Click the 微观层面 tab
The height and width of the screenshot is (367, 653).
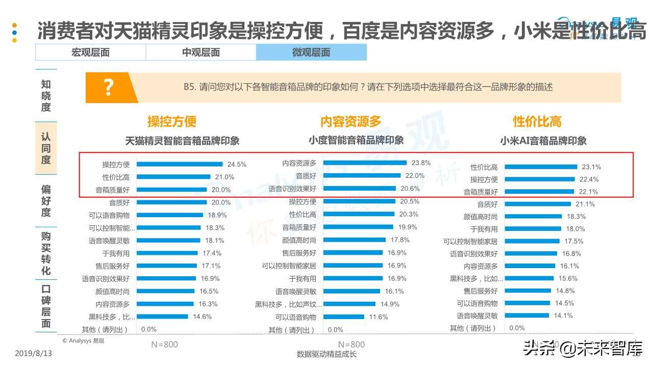coord(311,53)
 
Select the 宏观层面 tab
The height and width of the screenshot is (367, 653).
coord(90,53)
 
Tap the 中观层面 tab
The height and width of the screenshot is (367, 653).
coord(201,53)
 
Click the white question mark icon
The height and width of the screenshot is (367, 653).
coord(108,88)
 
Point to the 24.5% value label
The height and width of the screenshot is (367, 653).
coord(237,165)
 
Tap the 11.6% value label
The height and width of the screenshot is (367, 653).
coord(378,317)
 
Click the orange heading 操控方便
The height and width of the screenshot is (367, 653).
coord(172,122)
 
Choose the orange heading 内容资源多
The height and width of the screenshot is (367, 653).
coord(350,122)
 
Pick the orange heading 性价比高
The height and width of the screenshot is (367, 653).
coord(537,122)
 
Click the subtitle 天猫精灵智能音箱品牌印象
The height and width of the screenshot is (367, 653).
coord(182,141)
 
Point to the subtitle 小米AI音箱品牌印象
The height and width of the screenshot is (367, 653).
coord(543,141)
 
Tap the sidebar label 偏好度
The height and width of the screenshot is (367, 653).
coord(46,200)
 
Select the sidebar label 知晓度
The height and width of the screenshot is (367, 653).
coord(46,95)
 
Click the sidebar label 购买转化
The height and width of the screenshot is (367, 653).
coord(46,253)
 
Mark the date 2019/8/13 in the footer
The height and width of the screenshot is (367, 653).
coord(34,353)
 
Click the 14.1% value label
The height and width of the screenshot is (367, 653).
coord(563,316)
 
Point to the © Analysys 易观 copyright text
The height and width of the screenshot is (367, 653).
coord(83,340)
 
